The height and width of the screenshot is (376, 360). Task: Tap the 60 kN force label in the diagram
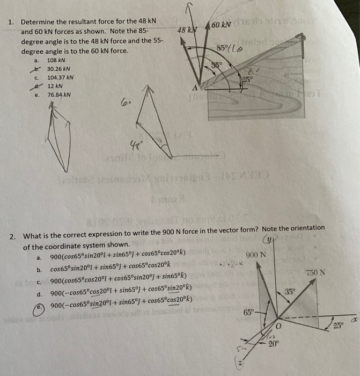[221, 25]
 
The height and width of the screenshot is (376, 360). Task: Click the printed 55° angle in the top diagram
[216, 66]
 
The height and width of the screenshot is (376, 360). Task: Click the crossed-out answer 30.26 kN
[58, 69]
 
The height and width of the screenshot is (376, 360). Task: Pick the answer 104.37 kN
[60, 78]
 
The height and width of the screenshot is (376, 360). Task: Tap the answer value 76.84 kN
[58, 95]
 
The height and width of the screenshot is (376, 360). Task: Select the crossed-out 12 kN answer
[55, 86]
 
